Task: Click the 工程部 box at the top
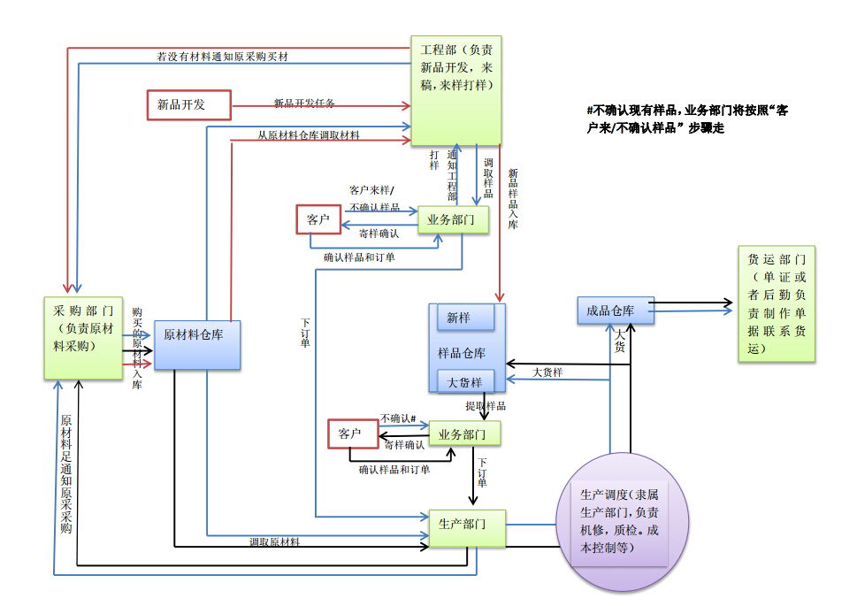pos(456,88)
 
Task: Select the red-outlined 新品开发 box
pos(188,104)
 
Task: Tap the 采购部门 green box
pos(83,338)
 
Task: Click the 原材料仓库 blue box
pos(197,344)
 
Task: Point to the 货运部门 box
pos(777,303)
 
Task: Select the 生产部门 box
pos(467,528)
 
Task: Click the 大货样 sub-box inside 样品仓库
pos(465,382)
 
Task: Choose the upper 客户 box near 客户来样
pos(318,219)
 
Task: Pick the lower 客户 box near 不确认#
pos(351,433)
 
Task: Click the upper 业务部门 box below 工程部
pos(452,219)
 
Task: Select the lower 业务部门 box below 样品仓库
pos(463,433)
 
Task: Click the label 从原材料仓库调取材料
pos(309,135)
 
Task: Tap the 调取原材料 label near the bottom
pos(274,542)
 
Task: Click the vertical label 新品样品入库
pos(513,198)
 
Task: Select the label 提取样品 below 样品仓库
pos(486,406)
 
